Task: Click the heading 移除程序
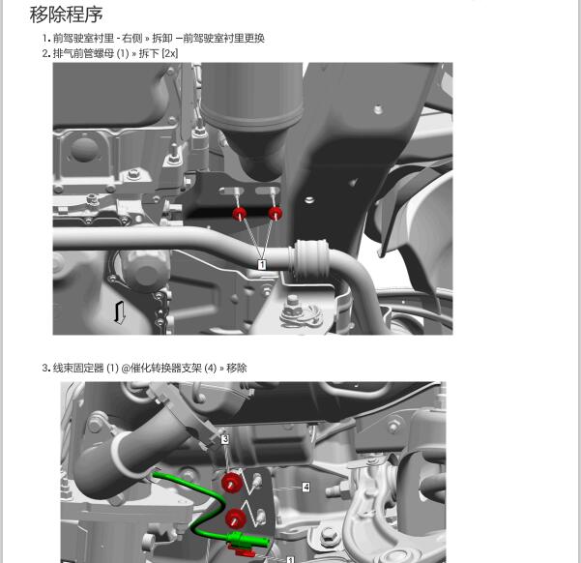[66, 15]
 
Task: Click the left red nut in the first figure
[239, 214]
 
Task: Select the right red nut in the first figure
[276, 214]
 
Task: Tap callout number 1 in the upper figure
[261, 264]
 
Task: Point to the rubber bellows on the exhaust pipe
[310, 258]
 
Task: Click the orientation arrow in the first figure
[119, 311]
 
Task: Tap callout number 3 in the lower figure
[225, 439]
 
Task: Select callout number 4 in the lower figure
[305, 488]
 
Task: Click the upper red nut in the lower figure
[231, 483]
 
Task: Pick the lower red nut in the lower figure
[234, 519]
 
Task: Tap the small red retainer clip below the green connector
[245, 551]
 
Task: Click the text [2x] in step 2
[170, 53]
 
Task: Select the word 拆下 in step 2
[148, 53]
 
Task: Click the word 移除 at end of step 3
[237, 368]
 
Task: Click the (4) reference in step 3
[210, 368]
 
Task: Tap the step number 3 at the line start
[45, 368]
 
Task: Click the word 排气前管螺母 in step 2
[83, 53]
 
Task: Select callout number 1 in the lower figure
[289, 559]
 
